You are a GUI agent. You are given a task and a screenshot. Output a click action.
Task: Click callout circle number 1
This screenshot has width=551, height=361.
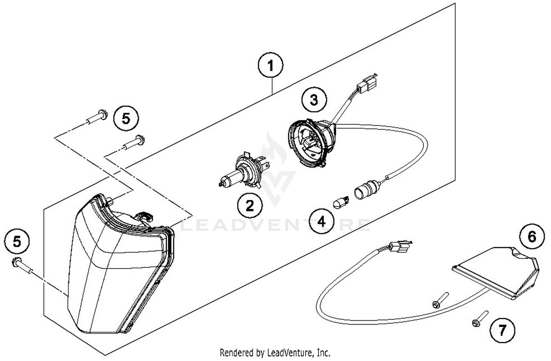point(270,67)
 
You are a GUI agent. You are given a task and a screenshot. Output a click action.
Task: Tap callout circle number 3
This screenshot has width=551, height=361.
point(314,100)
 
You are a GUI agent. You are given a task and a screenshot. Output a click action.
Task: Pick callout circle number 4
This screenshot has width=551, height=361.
point(321,222)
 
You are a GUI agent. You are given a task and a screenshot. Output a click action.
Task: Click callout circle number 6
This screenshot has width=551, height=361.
point(532,237)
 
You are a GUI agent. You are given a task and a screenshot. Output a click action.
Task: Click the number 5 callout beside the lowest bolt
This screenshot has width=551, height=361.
point(17,242)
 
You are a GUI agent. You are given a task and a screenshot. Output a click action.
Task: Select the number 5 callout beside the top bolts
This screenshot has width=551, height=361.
point(126,118)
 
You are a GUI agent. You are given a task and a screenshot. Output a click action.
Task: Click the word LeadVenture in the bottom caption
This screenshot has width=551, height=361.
point(287,353)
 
